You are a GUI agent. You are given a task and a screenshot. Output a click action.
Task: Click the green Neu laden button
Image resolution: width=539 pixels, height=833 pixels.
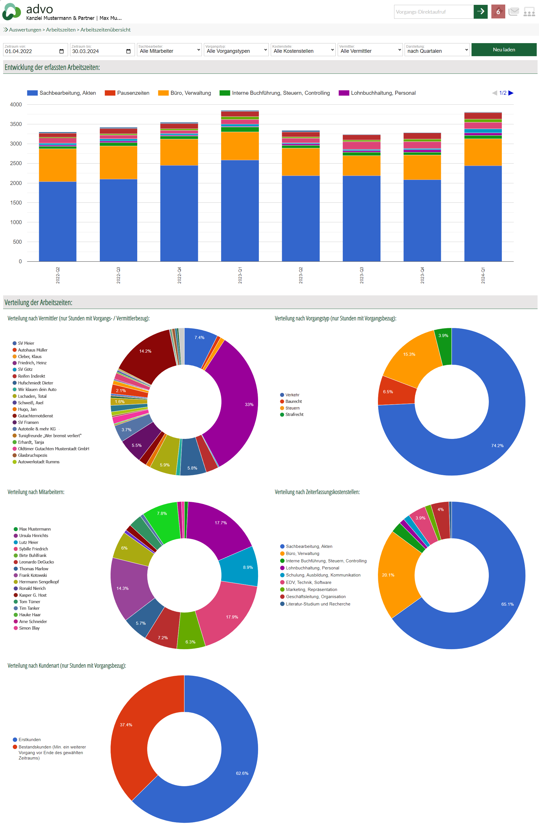(503, 50)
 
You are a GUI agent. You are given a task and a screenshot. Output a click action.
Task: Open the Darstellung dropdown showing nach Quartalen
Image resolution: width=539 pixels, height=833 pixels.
(437, 50)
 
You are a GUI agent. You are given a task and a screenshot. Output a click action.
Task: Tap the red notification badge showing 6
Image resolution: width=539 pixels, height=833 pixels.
(498, 12)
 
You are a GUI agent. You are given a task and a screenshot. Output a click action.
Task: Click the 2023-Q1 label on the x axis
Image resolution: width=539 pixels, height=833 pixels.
(240, 275)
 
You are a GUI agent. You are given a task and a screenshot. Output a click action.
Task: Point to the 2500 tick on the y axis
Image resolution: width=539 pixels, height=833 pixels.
(16, 163)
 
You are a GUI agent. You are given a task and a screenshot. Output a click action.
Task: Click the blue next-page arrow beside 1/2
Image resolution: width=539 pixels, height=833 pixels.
(511, 93)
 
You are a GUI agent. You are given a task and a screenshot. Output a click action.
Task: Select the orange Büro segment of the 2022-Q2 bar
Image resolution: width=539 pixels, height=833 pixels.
(58, 165)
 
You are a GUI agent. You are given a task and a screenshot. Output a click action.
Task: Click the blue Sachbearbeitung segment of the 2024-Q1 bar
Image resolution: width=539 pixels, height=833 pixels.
(483, 214)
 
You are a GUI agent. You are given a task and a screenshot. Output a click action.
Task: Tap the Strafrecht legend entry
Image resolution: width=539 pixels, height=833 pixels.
(294, 415)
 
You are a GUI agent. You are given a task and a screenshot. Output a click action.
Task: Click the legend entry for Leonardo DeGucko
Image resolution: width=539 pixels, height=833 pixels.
(36, 562)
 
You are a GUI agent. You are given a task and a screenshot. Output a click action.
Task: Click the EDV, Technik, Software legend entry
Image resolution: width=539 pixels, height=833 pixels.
(308, 582)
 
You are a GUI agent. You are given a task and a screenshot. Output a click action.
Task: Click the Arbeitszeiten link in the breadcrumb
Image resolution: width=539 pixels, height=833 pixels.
(61, 30)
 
